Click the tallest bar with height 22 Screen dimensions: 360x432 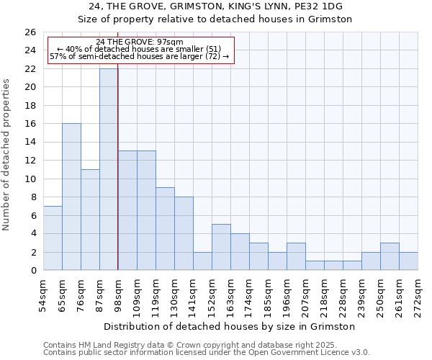coord(109,169)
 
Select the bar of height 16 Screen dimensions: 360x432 coord(71,197)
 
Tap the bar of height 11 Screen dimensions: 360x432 coord(90,220)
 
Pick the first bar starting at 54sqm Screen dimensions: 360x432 coord(53,238)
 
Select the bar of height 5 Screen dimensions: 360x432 coord(221,247)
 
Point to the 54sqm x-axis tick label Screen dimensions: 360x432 coord(44,294)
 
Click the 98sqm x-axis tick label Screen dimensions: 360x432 coord(119,294)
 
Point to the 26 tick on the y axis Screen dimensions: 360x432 coord(30,32)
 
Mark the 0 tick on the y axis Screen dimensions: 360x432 coord(32,270)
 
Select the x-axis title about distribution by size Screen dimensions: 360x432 coord(230,327)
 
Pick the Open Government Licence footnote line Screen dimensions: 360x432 coord(207,353)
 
